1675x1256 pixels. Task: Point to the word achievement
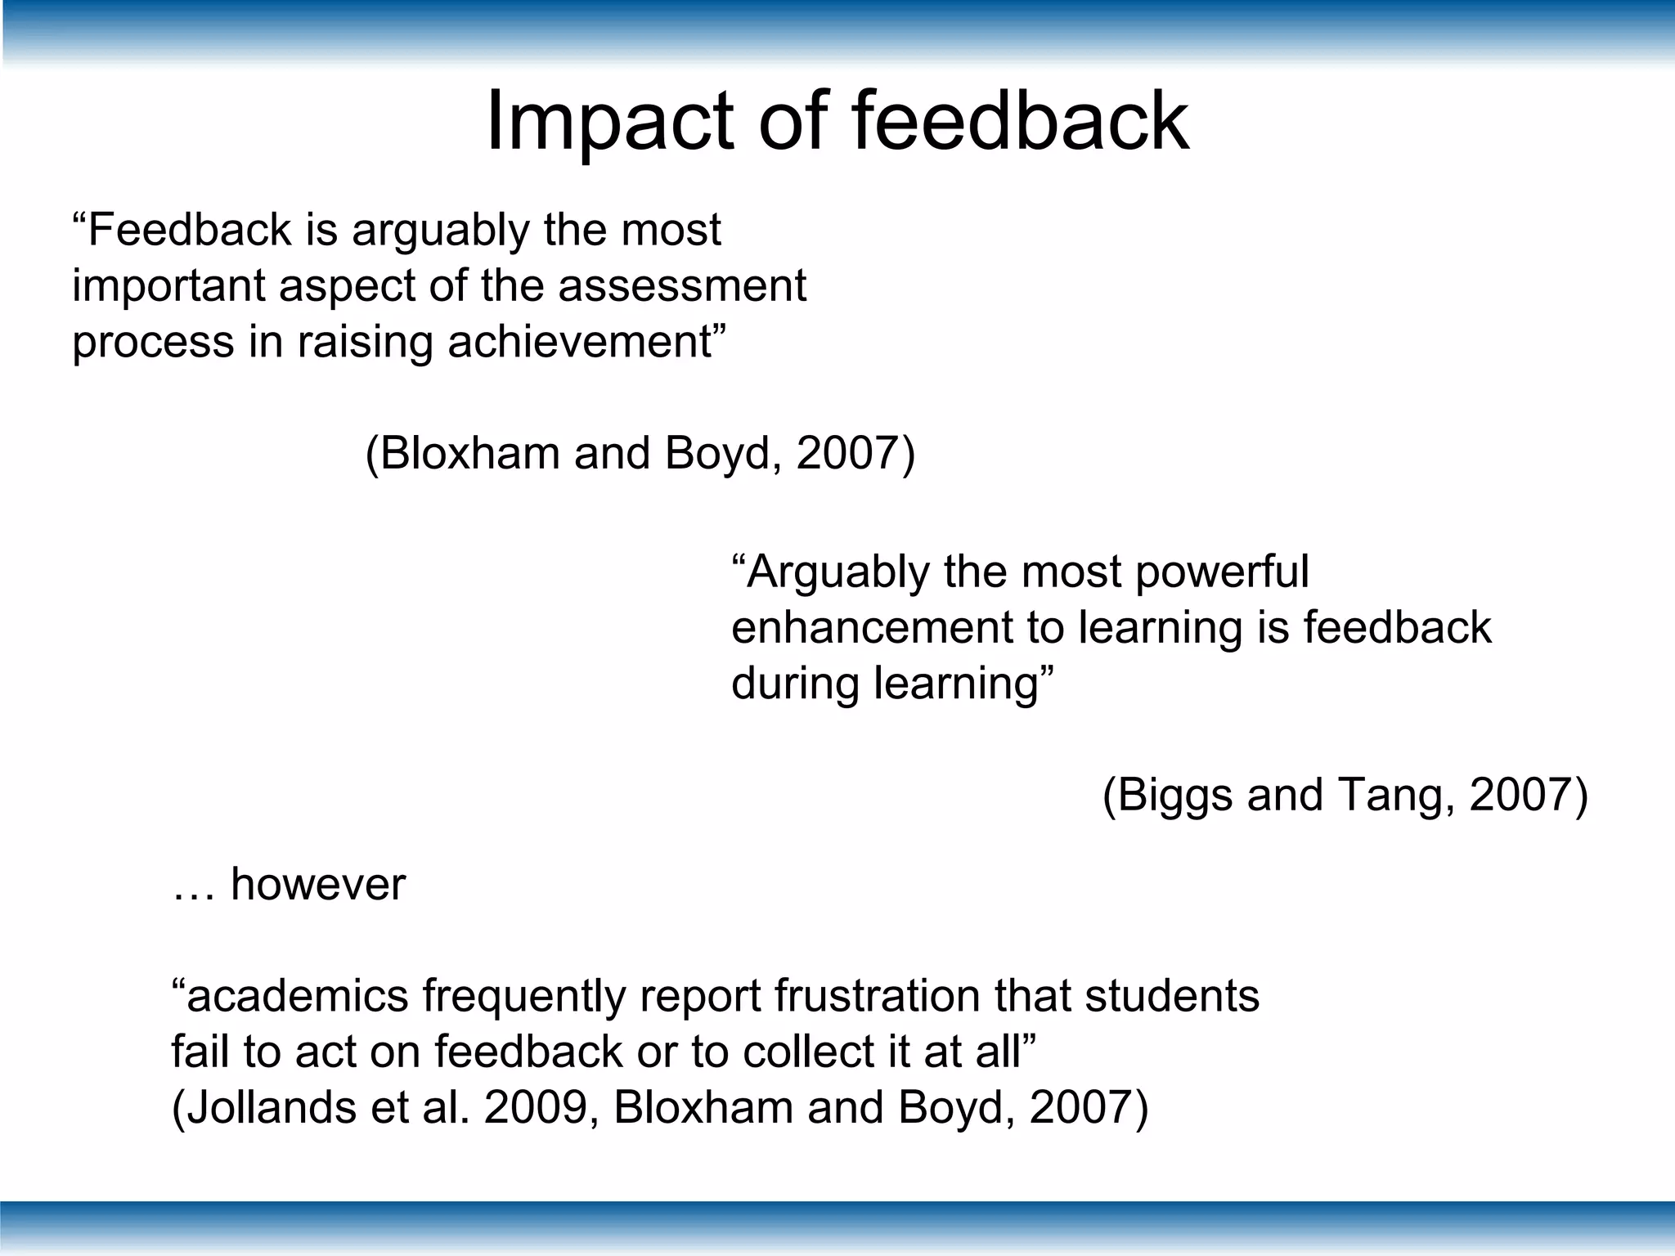click(581, 342)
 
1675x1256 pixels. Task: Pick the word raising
click(365, 343)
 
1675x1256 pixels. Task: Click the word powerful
click(1222, 572)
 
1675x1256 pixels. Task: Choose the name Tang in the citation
click(1395, 796)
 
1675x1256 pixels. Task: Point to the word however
click(318, 885)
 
